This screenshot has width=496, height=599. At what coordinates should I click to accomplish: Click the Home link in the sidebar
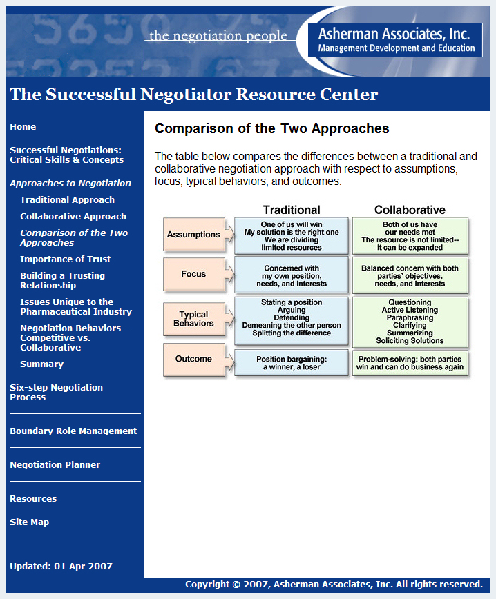point(23,127)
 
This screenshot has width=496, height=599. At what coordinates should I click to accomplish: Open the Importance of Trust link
point(66,259)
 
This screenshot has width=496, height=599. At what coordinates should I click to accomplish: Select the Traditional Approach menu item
point(67,200)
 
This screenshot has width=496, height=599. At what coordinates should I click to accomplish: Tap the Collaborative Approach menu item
point(73,217)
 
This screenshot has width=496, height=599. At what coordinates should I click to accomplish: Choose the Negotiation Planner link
point(55,465)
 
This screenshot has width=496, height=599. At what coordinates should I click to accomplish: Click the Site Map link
point(30,522)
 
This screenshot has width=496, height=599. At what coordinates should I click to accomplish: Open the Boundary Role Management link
point(73,431)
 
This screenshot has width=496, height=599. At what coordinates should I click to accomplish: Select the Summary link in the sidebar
point(41,364)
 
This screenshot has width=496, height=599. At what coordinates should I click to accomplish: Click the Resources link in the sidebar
point(33,499)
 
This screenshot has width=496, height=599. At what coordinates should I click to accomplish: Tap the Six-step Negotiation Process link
point(56,393)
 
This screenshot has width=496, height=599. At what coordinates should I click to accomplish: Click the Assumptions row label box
point(194,234)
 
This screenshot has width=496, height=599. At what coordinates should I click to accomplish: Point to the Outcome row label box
point(194,359)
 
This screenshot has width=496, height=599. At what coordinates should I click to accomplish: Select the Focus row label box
point(194,274)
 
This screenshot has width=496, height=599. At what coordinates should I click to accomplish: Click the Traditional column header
point(292,210)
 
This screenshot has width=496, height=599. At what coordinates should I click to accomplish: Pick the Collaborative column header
point(410,210)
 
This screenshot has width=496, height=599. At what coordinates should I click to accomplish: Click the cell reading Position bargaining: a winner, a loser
point(292,363)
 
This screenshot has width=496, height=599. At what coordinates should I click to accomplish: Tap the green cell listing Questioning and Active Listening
point(410,322)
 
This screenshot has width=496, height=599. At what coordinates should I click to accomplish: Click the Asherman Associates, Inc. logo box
point(395,40)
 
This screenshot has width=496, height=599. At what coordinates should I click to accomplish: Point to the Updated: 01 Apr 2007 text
point(61,567)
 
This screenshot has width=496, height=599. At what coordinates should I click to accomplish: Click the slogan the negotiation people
point(218,36)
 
